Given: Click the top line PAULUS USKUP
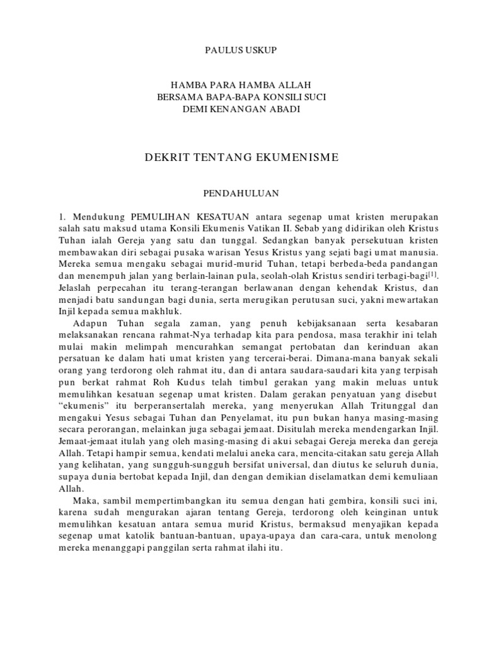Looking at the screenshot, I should click(242, 48).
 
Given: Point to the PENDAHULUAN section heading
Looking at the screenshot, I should click(242, 189).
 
